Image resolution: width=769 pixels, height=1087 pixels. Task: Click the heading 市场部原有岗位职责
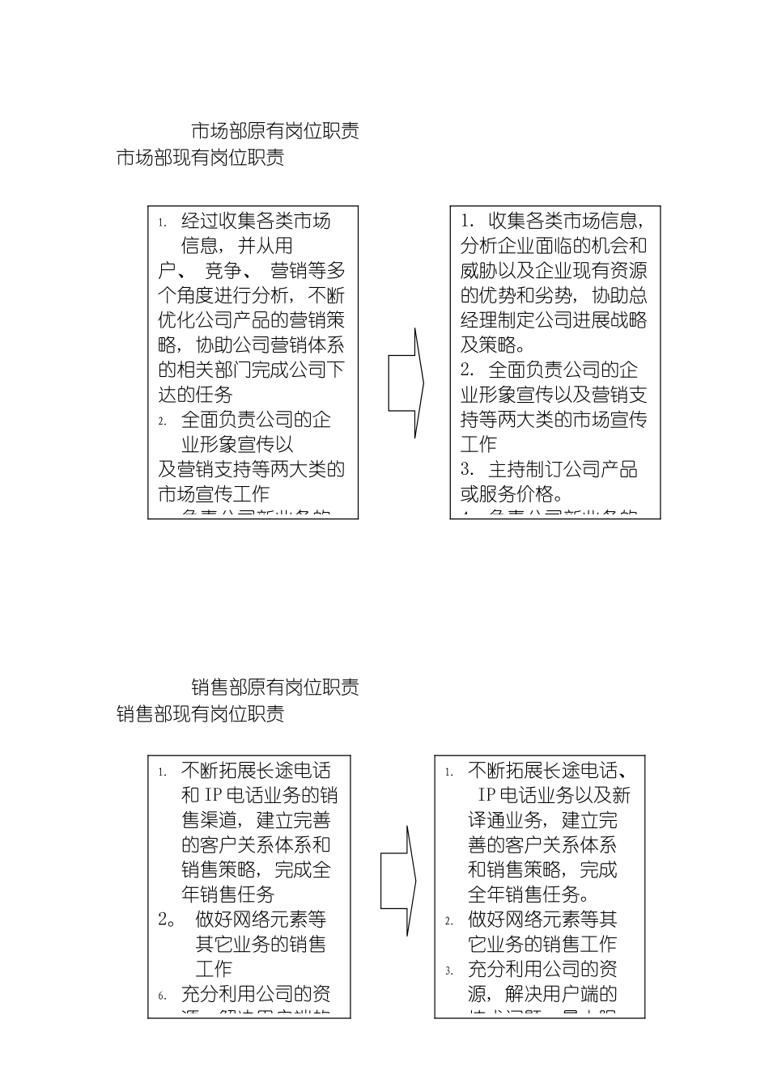274,131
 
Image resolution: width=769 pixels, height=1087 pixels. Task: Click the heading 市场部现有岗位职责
200,158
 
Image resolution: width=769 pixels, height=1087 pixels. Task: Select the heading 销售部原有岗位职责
274,687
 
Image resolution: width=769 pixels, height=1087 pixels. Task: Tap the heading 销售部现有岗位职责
200,714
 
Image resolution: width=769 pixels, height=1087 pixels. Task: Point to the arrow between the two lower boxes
398,881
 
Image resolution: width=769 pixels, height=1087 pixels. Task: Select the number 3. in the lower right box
448,971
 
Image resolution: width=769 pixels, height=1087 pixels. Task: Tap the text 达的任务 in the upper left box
195,395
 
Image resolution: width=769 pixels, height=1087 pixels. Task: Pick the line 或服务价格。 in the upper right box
512,494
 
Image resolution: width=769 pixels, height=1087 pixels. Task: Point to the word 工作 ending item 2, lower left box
214,969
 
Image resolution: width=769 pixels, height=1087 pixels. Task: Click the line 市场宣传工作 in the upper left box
214,494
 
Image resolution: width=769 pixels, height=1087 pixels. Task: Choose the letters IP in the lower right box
486,796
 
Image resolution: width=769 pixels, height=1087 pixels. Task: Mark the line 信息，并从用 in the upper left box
236,246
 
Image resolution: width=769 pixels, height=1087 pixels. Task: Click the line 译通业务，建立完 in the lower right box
542,820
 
